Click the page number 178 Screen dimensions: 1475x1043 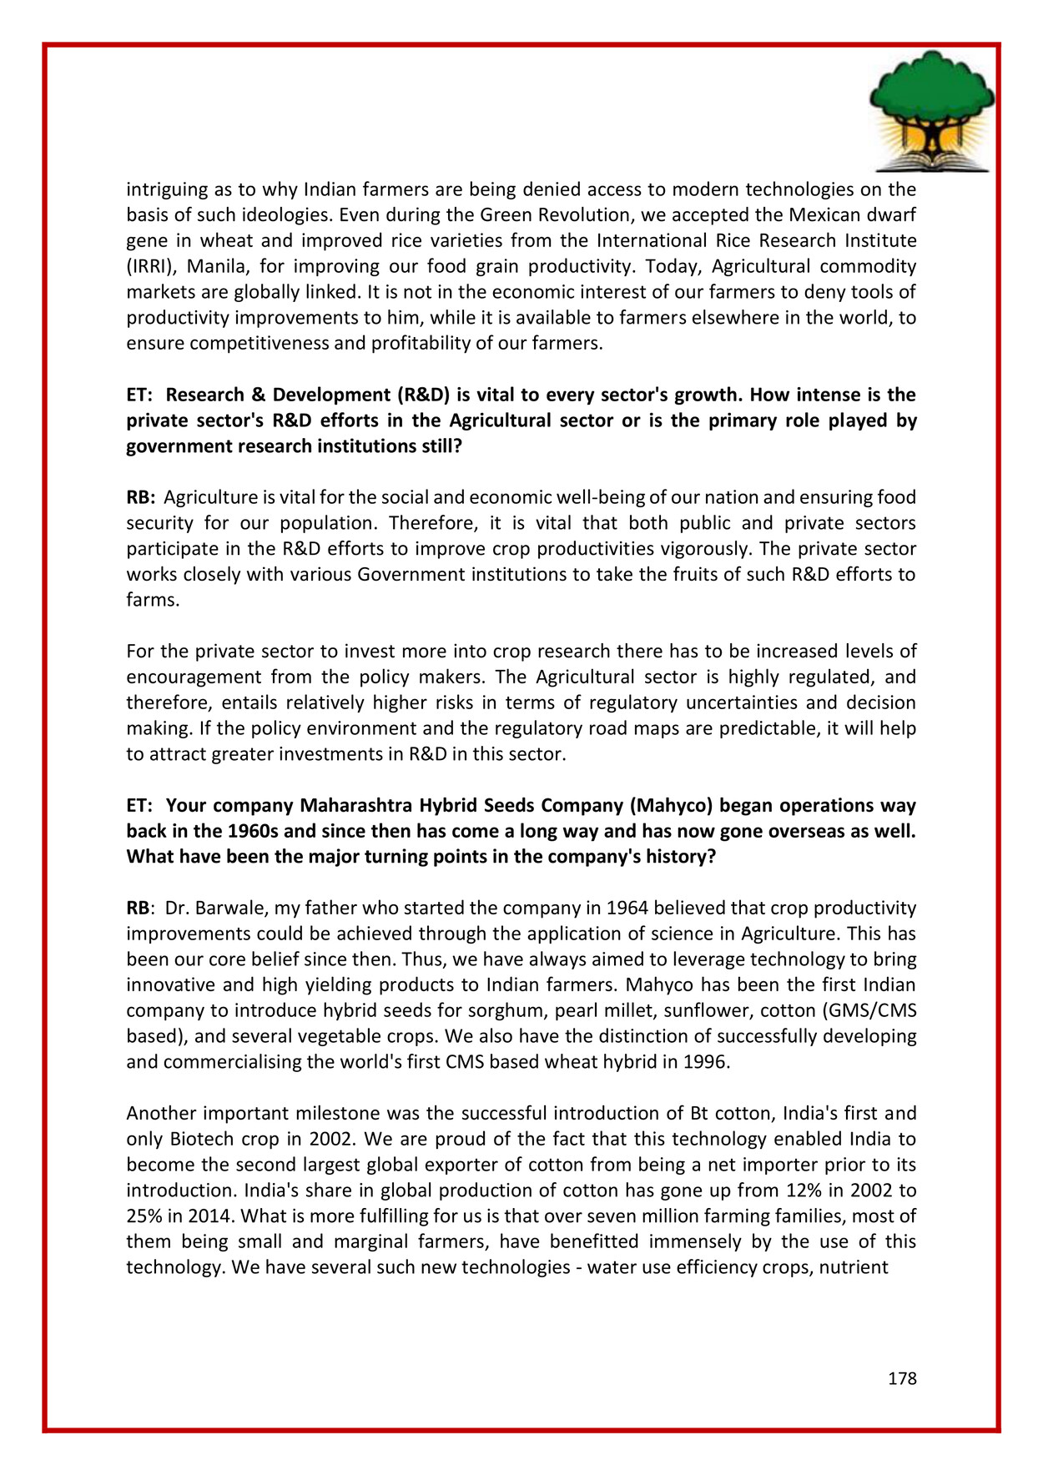point(901,1378)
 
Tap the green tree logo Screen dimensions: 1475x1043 point(931,109)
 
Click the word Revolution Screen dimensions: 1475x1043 point(573,215)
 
